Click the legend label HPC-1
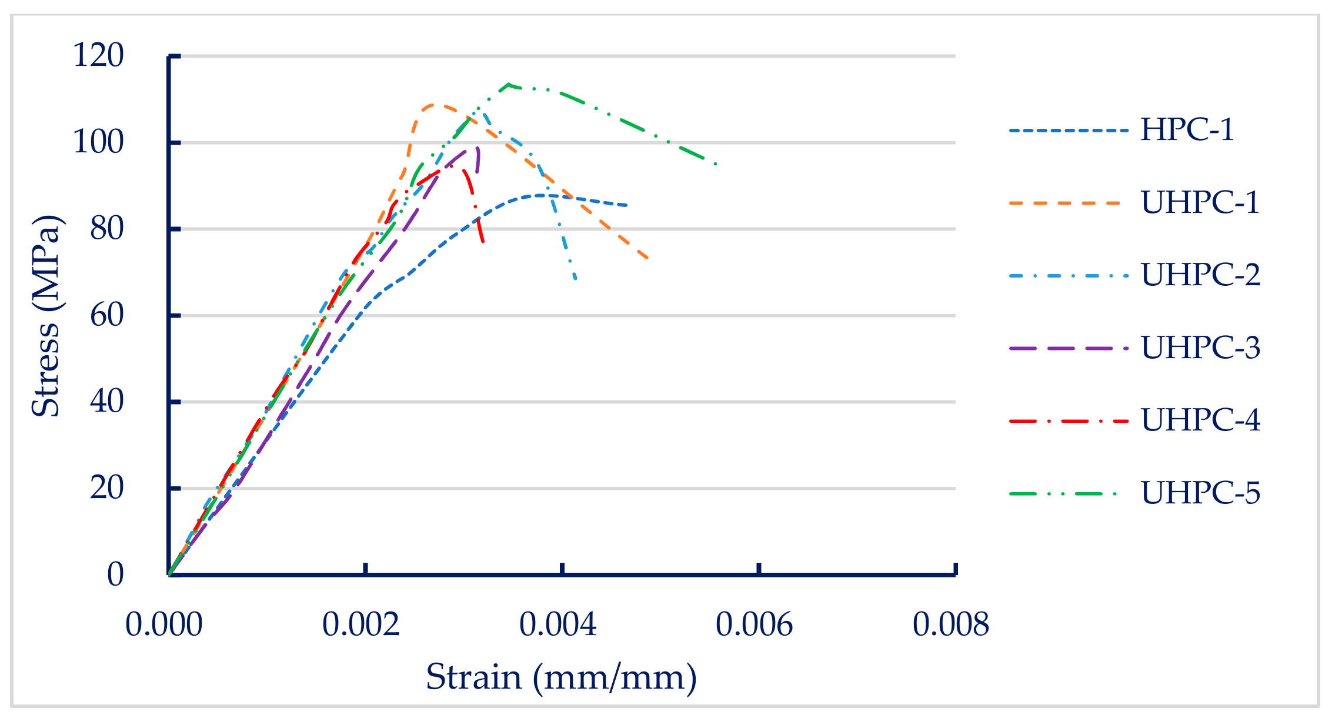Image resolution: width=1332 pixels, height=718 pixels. [1187, 129]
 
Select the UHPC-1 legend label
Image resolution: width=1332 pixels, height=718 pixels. [1200, 202]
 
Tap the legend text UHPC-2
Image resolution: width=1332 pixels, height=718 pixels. [1200, 275]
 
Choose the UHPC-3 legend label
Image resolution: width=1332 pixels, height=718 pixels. [1200, 348]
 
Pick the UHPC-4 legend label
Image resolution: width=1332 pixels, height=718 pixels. [1200, 420]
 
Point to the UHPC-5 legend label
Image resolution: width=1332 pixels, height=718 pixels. [1200, 493]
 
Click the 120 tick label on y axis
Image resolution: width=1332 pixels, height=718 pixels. [98, 56]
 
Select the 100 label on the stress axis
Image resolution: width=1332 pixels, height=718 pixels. [98, 142]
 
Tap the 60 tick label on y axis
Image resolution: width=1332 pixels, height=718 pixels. [106, 316]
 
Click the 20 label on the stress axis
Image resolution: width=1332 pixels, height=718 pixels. [106, 488]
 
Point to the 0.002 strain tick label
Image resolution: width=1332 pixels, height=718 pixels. [360, 625]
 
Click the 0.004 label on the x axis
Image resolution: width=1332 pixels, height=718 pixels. [557, 625]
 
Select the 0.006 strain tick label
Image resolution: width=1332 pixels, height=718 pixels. [754, 625]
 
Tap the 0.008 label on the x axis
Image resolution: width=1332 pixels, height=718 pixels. [951, 625]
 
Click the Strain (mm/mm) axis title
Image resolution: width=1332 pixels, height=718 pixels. [561, 677]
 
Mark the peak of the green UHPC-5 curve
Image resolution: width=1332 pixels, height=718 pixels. [509, 84]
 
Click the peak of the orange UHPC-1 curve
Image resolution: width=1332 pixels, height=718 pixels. [433, 105]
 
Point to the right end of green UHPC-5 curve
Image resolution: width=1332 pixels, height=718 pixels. [716, 164]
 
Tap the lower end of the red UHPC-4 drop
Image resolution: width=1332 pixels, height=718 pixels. [483, 242]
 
